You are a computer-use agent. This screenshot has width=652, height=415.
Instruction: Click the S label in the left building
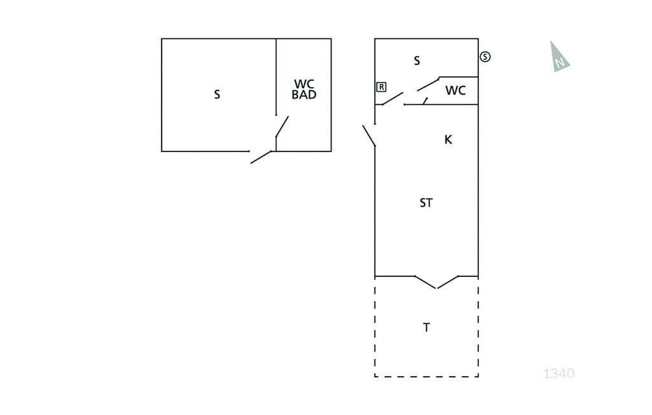pos(216,94)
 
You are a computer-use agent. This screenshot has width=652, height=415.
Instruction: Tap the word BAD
pos(304,95)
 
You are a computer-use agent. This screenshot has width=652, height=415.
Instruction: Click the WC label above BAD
pos(304,84)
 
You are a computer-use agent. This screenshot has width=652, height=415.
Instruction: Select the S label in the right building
pos(416,60)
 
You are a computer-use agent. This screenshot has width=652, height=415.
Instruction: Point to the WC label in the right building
pos(455,90)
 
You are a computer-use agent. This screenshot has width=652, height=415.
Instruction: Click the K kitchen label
pos(448,140)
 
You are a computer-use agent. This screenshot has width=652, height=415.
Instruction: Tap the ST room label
pos(426,203)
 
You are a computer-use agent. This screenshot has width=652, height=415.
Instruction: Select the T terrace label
pos(426,328)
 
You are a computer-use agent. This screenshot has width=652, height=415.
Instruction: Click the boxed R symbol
pos(381,87)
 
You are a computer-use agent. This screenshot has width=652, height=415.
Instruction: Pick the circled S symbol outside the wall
pos(485,57)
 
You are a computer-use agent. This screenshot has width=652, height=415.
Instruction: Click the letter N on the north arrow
pos(560,63)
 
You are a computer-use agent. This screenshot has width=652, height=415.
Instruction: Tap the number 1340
pos(559,374)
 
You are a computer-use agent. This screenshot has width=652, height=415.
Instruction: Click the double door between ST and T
pos(437,282)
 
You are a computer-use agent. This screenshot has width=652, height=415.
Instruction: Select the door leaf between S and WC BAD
pos(282,127)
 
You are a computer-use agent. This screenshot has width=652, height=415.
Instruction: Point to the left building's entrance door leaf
pos(260,157)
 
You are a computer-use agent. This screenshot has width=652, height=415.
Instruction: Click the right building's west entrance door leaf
pos(369,136)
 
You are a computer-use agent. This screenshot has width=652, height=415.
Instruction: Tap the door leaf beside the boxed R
pos(392,99)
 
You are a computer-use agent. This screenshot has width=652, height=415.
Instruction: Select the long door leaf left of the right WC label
pos(429,84)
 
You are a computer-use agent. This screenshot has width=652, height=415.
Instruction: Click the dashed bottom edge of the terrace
pos(427,377)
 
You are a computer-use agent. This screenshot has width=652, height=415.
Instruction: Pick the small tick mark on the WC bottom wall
pos(425,101)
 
